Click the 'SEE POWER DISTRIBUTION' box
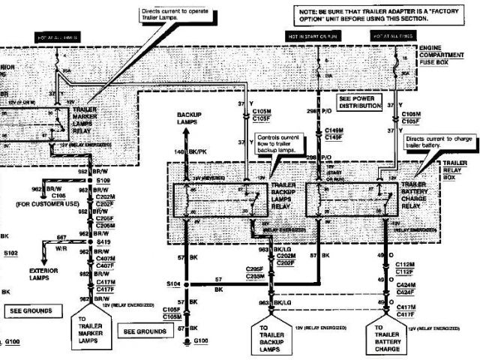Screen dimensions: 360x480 coord(360,102)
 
